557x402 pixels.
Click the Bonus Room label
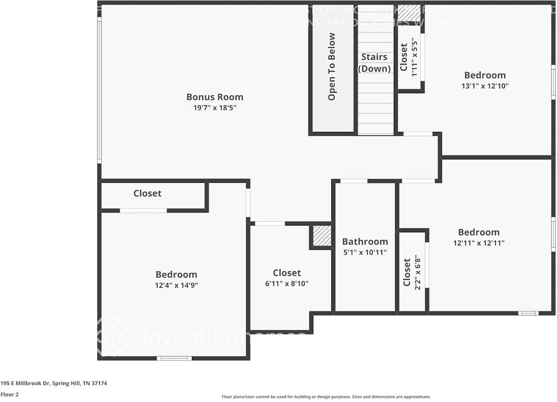[x=214, y=97]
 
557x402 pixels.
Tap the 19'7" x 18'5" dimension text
[x=214, y=108]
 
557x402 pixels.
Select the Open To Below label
[x=332, y=67]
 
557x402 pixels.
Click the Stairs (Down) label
[x=374, y=63]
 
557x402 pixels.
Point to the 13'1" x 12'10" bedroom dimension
[x=485, y=86]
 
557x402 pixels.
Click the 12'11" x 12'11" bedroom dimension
[x=479, y=243]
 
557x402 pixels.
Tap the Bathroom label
[x=365, y=242]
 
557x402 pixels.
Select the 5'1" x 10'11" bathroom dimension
[x=365, y=253]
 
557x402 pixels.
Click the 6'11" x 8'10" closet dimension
[x=287, y=284]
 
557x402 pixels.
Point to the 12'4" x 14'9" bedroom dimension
[x=176, y=285]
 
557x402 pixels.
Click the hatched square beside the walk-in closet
[x=322, y=236]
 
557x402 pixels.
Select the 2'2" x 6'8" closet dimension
[x=418, y=273]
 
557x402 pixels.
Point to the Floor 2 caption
[x=9, y=394]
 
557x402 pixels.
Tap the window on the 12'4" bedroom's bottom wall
[x=174, y=358]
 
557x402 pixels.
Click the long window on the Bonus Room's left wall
[x=99, y=90]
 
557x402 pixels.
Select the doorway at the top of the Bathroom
[x=353, y=181]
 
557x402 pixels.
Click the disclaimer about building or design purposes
[x=326, y=397]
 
